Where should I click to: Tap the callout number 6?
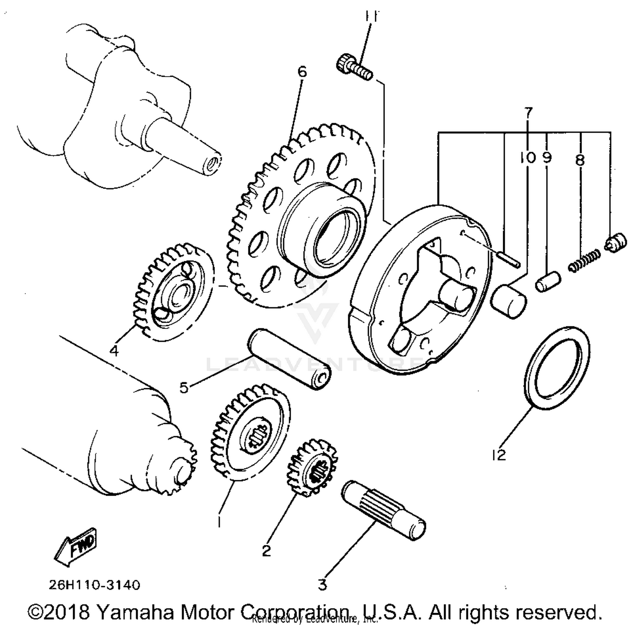(x=302, y=72)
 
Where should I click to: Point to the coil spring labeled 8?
(x=584, y=261)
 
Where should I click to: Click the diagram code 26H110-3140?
(x=94, y=585)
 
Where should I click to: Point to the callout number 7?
(x=528, y=112)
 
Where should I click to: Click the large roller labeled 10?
(x=509, y=301)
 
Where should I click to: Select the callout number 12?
(x=499, y=455)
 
